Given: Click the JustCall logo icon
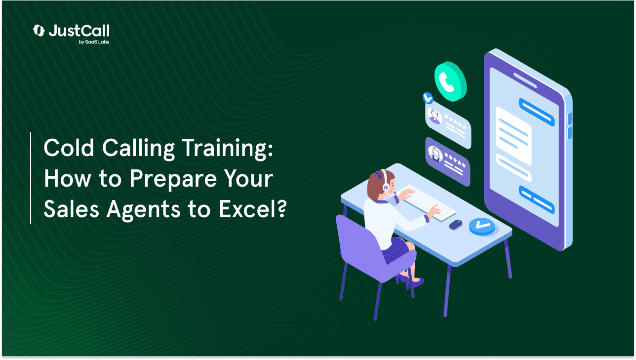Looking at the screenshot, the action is click(39, 31).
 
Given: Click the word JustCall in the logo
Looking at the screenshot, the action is click(79, 31).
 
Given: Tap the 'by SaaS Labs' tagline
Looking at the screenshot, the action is click(94, 42).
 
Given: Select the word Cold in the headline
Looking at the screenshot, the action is click(69, 148).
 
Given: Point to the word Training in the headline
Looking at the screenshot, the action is click(227, 149).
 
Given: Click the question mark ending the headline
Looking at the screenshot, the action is click(281, 208).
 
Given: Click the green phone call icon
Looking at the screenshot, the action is click(450, 81).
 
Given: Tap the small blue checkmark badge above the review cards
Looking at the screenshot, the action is click(428, 98).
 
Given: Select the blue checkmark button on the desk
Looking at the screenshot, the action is click(482, 226).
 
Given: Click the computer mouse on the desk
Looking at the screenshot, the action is click(456, 225).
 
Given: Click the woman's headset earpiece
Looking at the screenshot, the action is click(386, 187).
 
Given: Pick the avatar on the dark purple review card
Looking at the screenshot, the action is click(435, 154).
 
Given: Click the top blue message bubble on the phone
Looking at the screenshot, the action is click(537, 112).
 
